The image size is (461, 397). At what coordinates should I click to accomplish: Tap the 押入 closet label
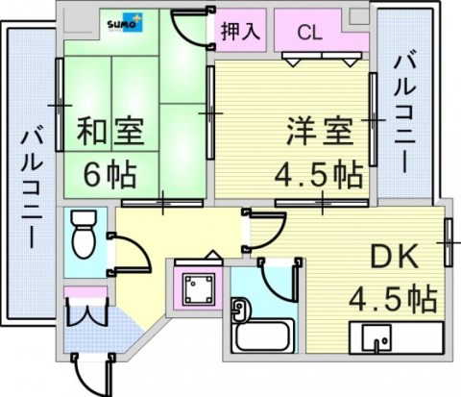241,31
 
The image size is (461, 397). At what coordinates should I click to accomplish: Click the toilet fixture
84,234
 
